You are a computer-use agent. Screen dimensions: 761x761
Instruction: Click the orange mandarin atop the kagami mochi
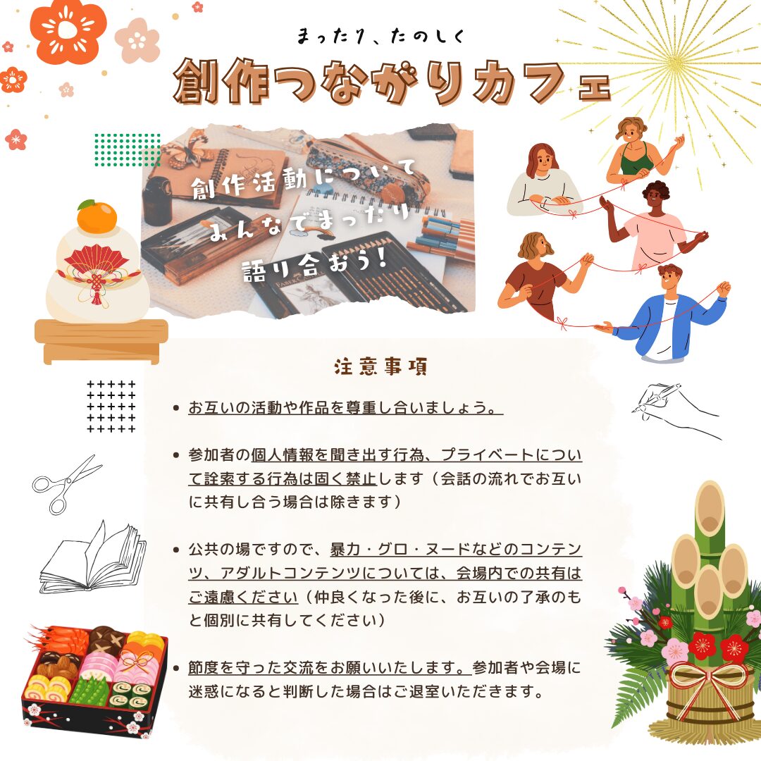[x=97, y=217]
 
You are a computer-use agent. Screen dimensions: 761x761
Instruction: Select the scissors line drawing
[x=66, y=484]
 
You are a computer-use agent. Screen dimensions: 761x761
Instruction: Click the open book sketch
[x=93, y=558]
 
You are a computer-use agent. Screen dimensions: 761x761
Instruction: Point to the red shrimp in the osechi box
[x=58, y=640]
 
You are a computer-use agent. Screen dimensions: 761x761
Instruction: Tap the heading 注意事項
[x=380, y=367]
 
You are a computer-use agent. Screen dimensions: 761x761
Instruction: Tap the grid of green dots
[x=127, y=149]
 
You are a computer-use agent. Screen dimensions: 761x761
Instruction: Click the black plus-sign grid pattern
[x=111, y=407]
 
